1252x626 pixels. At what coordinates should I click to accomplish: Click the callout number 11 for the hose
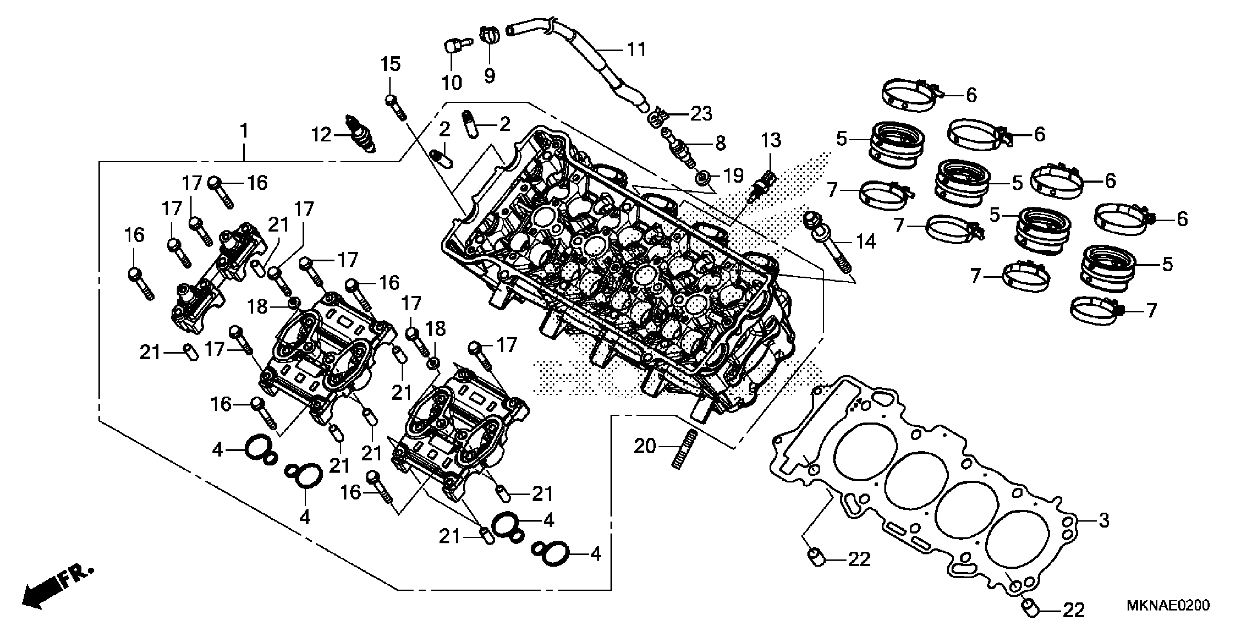tap(636, 50)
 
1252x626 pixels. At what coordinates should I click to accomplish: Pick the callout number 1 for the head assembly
tap(245, 131)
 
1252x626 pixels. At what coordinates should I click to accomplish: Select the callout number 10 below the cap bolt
tap(451, 83)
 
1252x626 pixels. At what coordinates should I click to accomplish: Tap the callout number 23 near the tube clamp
tap(701, 114)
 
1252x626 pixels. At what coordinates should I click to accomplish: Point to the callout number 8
tap(720, 143)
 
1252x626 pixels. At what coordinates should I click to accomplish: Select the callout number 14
tap(866, 242)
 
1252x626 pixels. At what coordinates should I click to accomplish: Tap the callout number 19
tap(733, 175)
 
